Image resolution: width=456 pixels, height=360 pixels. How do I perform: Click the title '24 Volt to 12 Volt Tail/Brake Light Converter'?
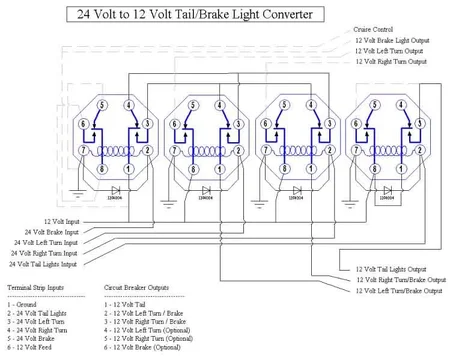click(195, 15)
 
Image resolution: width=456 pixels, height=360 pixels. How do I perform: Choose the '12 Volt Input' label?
click(63, 220)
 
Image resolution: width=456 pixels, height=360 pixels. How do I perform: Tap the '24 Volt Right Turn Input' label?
click(47, 253)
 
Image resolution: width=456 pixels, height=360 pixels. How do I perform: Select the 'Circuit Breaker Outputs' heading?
click(142, 285)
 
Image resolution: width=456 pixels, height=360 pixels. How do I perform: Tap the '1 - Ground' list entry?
click(24, 304)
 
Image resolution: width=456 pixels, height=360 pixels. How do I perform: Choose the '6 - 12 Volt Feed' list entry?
click(33, 349)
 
